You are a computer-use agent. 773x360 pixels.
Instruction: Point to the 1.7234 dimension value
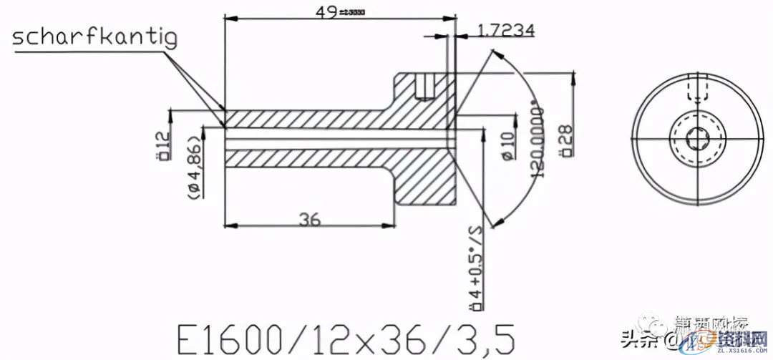[505, 30]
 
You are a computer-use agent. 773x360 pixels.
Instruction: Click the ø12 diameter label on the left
[162, 145]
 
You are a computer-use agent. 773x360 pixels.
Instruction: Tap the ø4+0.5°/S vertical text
[473, 268]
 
